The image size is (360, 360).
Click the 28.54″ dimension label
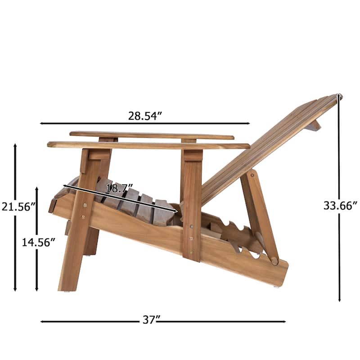[x=145, y=116]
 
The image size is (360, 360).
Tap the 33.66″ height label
[x=340, y=205]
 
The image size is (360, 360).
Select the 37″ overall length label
[x=152, y=320]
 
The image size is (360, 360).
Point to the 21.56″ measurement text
[x=18, y=207]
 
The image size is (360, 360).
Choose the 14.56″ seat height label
[x=39, y=242]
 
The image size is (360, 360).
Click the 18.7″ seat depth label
[x=116, y=188]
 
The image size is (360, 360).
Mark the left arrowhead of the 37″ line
[x=42, y=321]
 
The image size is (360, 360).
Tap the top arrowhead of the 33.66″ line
[x=339, y=96]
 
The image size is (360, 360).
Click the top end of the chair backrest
[x=338, y=96]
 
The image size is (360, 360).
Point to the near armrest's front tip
[x=49, y=144]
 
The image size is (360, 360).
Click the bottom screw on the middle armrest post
[x=191, y=252]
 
